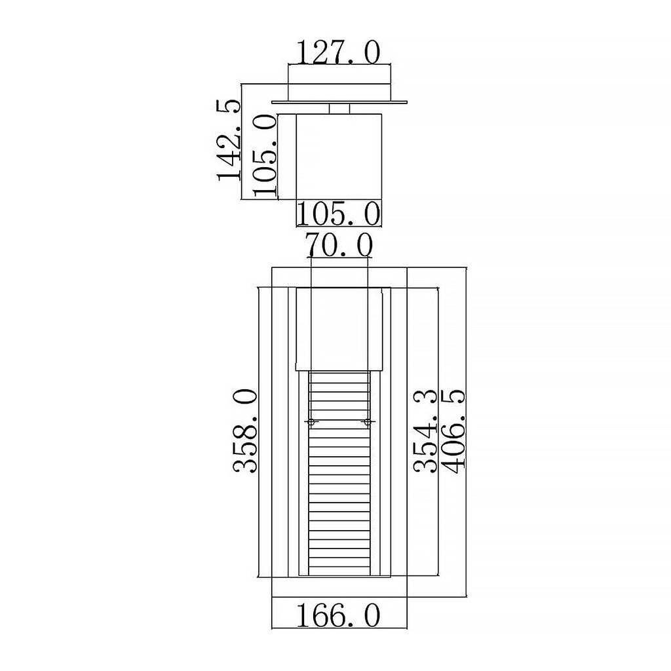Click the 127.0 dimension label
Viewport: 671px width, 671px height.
pyautogui.click(x=338, y=52)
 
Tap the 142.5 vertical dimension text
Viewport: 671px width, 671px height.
pyautogui.click(x=229, y=140)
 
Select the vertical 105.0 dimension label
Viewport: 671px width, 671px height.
pyautogui.click(x=265, y=155)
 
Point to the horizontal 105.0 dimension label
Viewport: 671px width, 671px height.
pyautogui.click(x=338, y=214)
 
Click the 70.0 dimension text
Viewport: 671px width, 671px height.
pyautogui.click(x=340, y=245)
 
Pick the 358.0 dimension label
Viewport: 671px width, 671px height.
pyautogui.click(x=246, y=431)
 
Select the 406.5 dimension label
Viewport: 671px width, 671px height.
pyautogui.click(x=453, y=431)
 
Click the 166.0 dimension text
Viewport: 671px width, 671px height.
pyautogui.click(x=338, y=615)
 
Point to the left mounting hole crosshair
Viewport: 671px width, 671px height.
pyautogui.click(x=311, y=423)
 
